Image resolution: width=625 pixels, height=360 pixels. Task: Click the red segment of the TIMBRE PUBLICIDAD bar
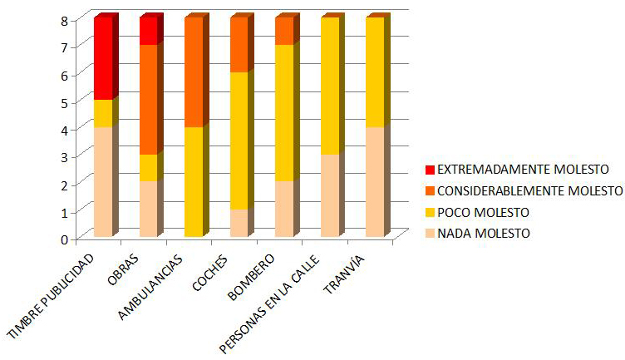103,59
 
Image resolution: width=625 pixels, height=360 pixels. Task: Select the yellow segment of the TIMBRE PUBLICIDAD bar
103,113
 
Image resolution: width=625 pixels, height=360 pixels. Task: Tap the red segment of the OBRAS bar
149,32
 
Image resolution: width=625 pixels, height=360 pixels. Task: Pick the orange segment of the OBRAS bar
149,100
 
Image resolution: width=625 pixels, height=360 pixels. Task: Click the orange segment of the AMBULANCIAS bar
194,72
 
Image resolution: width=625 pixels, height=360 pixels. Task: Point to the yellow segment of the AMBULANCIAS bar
194,182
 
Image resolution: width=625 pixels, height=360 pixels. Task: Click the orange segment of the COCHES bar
239,45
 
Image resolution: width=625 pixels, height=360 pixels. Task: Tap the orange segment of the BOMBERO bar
284,32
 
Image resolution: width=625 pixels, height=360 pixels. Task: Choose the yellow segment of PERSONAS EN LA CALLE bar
330,86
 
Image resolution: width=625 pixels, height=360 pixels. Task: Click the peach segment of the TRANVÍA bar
375,182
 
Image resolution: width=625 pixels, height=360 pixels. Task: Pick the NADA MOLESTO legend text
483,234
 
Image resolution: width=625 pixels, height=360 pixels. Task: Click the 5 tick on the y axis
64,101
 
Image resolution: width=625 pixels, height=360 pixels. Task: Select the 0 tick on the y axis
64,239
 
